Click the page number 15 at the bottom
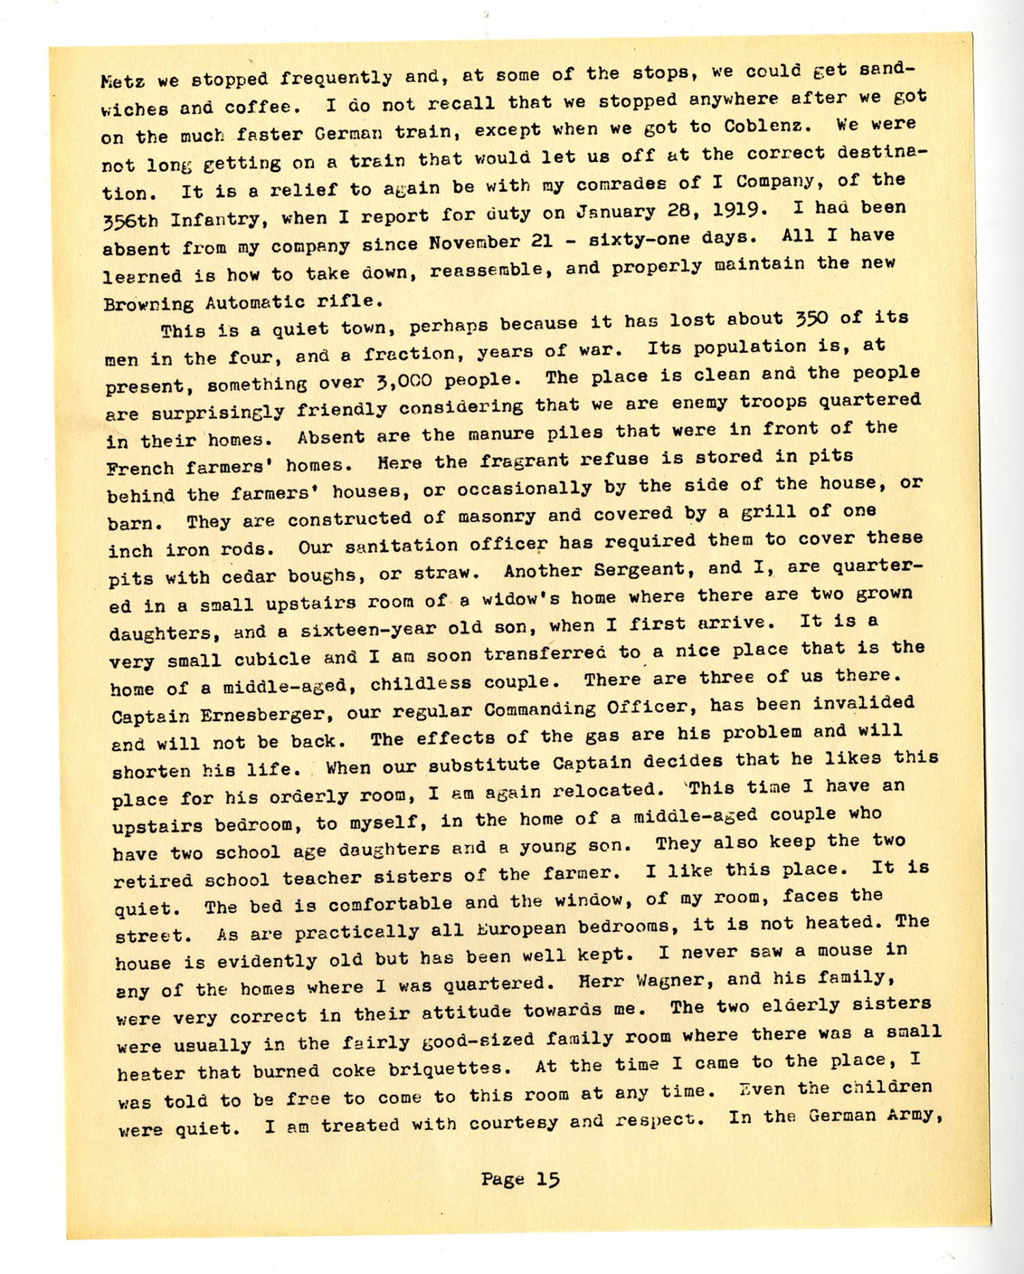(x=547, y=1180)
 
